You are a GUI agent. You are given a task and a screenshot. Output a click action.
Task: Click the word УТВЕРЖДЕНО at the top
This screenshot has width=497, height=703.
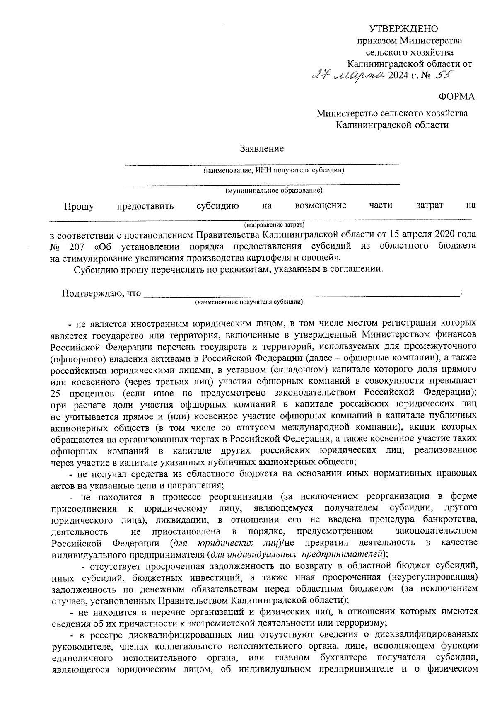403,29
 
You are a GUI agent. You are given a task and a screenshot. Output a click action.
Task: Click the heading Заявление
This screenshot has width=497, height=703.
261,148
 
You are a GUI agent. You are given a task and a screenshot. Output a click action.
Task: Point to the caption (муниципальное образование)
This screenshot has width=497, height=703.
274,191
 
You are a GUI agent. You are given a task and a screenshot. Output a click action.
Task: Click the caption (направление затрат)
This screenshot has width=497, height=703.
274,225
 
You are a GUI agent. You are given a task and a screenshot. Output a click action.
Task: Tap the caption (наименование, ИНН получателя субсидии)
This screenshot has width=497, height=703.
273,170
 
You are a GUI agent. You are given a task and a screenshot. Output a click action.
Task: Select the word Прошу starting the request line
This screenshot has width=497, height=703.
79,206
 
